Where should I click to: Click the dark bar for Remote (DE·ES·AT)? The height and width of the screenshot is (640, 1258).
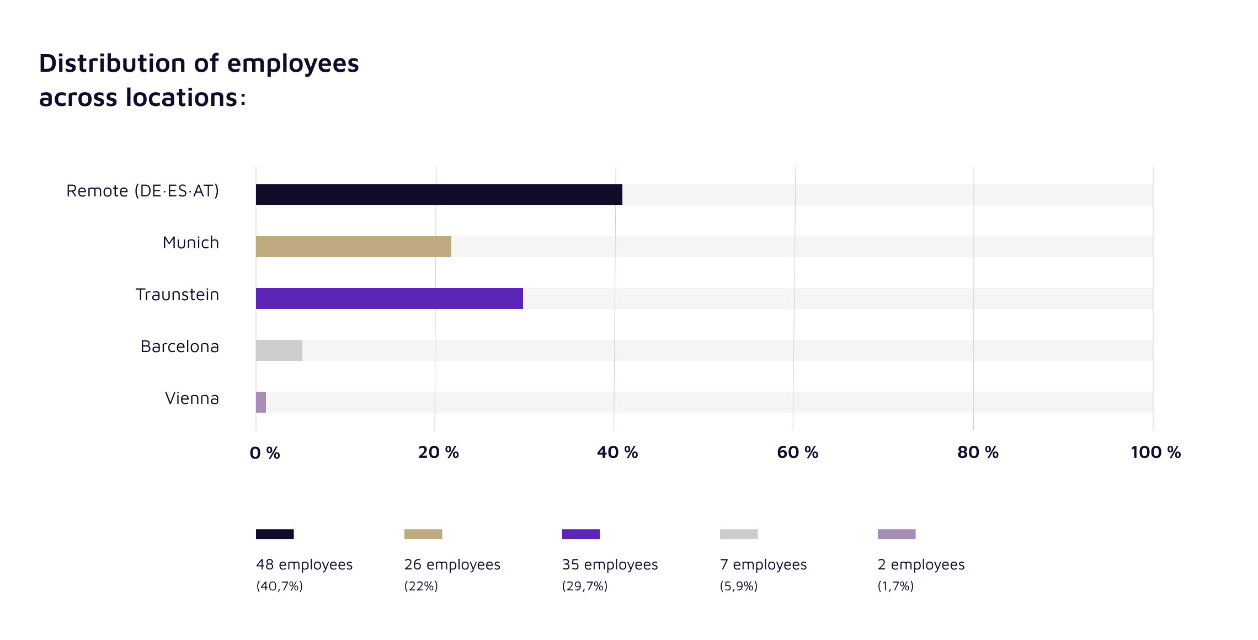coord(439,195)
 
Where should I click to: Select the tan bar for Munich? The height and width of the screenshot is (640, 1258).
coord(353,247)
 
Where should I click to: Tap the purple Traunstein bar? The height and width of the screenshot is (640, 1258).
coord(389,298)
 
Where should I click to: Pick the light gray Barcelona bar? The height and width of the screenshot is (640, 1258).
coord(279,350)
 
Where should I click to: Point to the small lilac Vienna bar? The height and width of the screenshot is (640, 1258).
coord(261,402)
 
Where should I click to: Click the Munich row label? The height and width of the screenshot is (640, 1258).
coord(191,243)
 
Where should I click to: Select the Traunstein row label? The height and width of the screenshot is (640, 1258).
coord(177,295)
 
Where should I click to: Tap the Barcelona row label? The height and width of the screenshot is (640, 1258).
coord(179,346)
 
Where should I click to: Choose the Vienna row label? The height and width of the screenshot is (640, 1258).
coord(192,398)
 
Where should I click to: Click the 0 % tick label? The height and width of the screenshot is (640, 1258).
coord(265,453)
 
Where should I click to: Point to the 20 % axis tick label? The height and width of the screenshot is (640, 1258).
coord(439,452)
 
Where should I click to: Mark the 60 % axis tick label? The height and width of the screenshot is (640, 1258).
coord(797,452)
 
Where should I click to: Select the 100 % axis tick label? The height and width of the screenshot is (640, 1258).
coord(1155,452)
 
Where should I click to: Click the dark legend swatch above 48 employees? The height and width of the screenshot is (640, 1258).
coord(275,534)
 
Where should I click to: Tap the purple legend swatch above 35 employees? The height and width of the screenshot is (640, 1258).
coord(581,534)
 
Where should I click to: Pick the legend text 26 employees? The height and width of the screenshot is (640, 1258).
coord(452,565)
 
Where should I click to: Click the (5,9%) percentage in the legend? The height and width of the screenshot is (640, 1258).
coord(738,586)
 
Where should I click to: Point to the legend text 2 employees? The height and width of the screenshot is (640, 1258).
coord(921,565)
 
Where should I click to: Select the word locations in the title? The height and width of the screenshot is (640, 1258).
coord(182,98)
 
